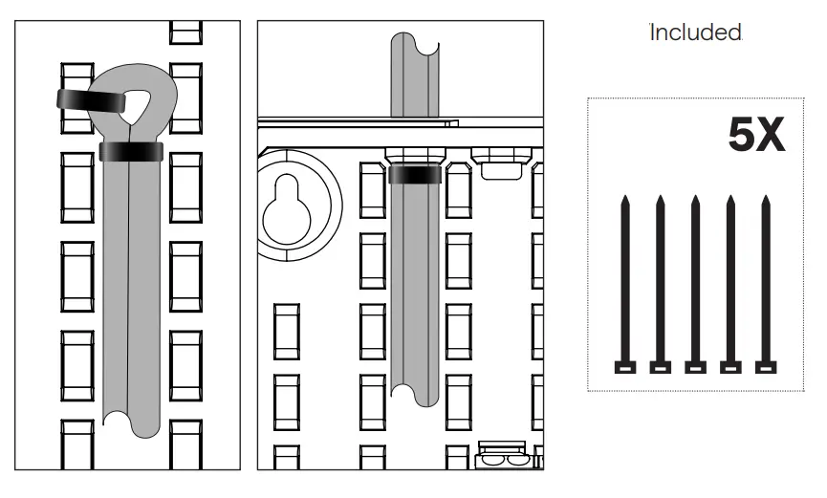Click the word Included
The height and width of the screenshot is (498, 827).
coord(696,32)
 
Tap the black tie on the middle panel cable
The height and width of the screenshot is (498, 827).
coord(416,174)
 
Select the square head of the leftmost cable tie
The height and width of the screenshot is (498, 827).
coord(624,367)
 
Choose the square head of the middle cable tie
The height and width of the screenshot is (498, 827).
coord(695,367)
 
